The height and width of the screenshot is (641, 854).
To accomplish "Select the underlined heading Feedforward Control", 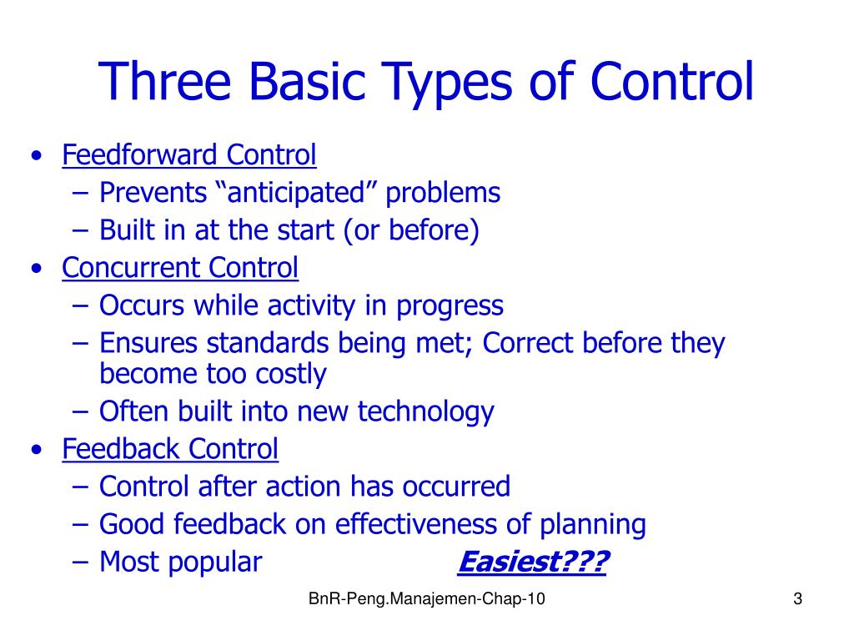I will click(189, 155).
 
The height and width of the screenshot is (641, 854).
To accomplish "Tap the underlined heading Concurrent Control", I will click(180, 268).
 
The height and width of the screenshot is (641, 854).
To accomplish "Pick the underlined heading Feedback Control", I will click(170, 449).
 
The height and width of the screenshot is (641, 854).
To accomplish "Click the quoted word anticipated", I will click(298, 193).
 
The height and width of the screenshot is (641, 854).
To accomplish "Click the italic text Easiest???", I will click(533, 563).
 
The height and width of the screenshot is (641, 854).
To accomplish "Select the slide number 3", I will click(797, 599).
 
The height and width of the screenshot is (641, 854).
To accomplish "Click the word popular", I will click(216, 563).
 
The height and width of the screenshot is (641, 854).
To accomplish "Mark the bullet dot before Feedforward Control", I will click(35, 157).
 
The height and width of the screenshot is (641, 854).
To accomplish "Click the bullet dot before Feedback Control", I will click(35, 451).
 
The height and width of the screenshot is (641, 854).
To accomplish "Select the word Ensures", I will click(149, 344).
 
